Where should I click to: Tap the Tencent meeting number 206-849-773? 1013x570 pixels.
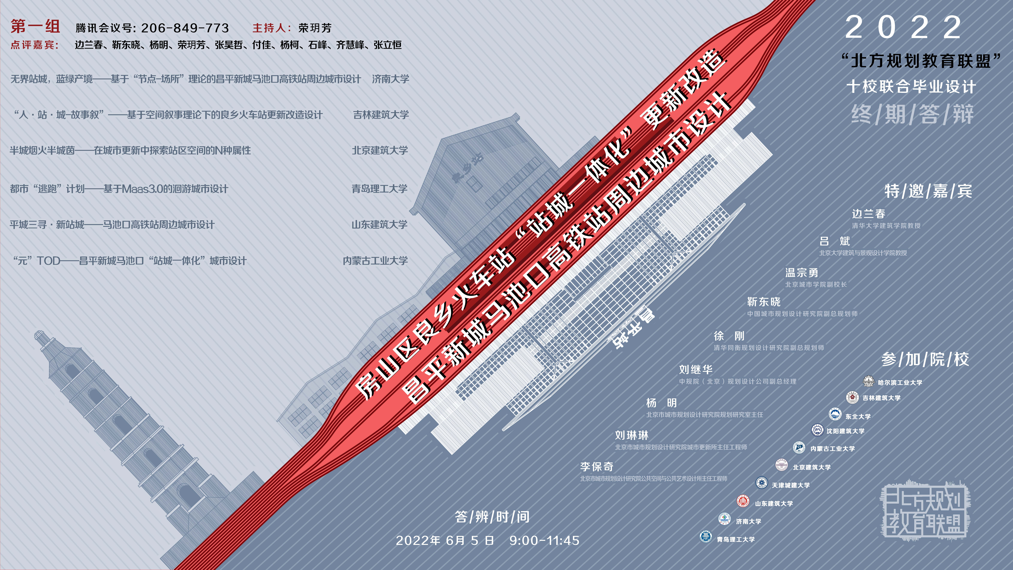pos(185,28)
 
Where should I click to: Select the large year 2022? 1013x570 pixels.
pos(903,28)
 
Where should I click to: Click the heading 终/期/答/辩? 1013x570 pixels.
pos(912,114)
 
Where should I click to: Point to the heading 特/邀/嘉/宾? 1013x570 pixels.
pos(928,191)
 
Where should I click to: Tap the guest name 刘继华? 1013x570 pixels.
pos(696,369)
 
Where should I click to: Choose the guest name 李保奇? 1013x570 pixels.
pos(597,467)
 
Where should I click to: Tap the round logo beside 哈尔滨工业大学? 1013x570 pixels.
pos(868,381)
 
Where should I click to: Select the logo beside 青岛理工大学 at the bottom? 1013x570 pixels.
pos(706,537)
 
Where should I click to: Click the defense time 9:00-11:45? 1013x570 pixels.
pos(544,541)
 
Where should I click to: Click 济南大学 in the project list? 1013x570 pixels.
pos(390,79)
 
